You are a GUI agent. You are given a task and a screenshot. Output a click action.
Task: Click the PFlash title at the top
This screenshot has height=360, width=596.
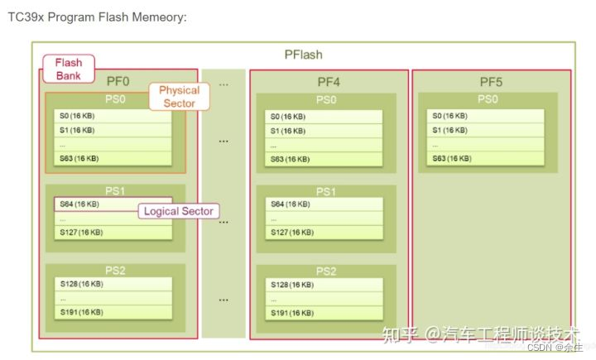pyautogui.click(x=303, y=55)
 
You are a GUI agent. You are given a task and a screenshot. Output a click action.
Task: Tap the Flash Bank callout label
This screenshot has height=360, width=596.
pyautogui.click(x=69, y=69)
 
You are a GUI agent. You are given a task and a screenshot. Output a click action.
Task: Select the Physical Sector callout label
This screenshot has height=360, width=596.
pyautogui.click(x=179, y=96)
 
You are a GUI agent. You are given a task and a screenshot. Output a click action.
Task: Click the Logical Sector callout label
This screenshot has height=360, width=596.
pyautogui.click(x=179, y=211)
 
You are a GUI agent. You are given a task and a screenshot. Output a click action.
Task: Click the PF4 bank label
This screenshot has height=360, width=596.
pyautogui.click(x=328, y=81)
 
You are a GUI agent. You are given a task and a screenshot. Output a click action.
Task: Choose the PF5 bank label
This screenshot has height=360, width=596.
pyautogui.click(x=492, y=81)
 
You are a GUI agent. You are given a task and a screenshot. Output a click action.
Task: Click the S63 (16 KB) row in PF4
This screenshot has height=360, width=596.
pyautogui.click(x=324, y=159)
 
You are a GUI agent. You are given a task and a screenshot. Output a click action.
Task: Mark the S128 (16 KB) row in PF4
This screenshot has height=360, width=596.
pyautogui.click(x=324, y=285)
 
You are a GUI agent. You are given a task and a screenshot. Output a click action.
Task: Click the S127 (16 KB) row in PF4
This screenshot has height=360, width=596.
pyautogui.click(x=324, y=233)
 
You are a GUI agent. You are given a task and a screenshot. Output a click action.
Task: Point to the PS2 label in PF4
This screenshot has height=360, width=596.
pyautogui.click(x=324, y=271)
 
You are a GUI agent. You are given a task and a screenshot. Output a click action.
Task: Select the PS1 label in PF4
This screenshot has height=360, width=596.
pyautogui.click(x=324, y=191)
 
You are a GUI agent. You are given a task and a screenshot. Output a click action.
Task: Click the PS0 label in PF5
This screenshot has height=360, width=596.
pyautogui.click(x=488, y=99)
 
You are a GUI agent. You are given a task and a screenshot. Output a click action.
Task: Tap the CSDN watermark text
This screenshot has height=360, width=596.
pyautogui.click(x=541, y=348)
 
